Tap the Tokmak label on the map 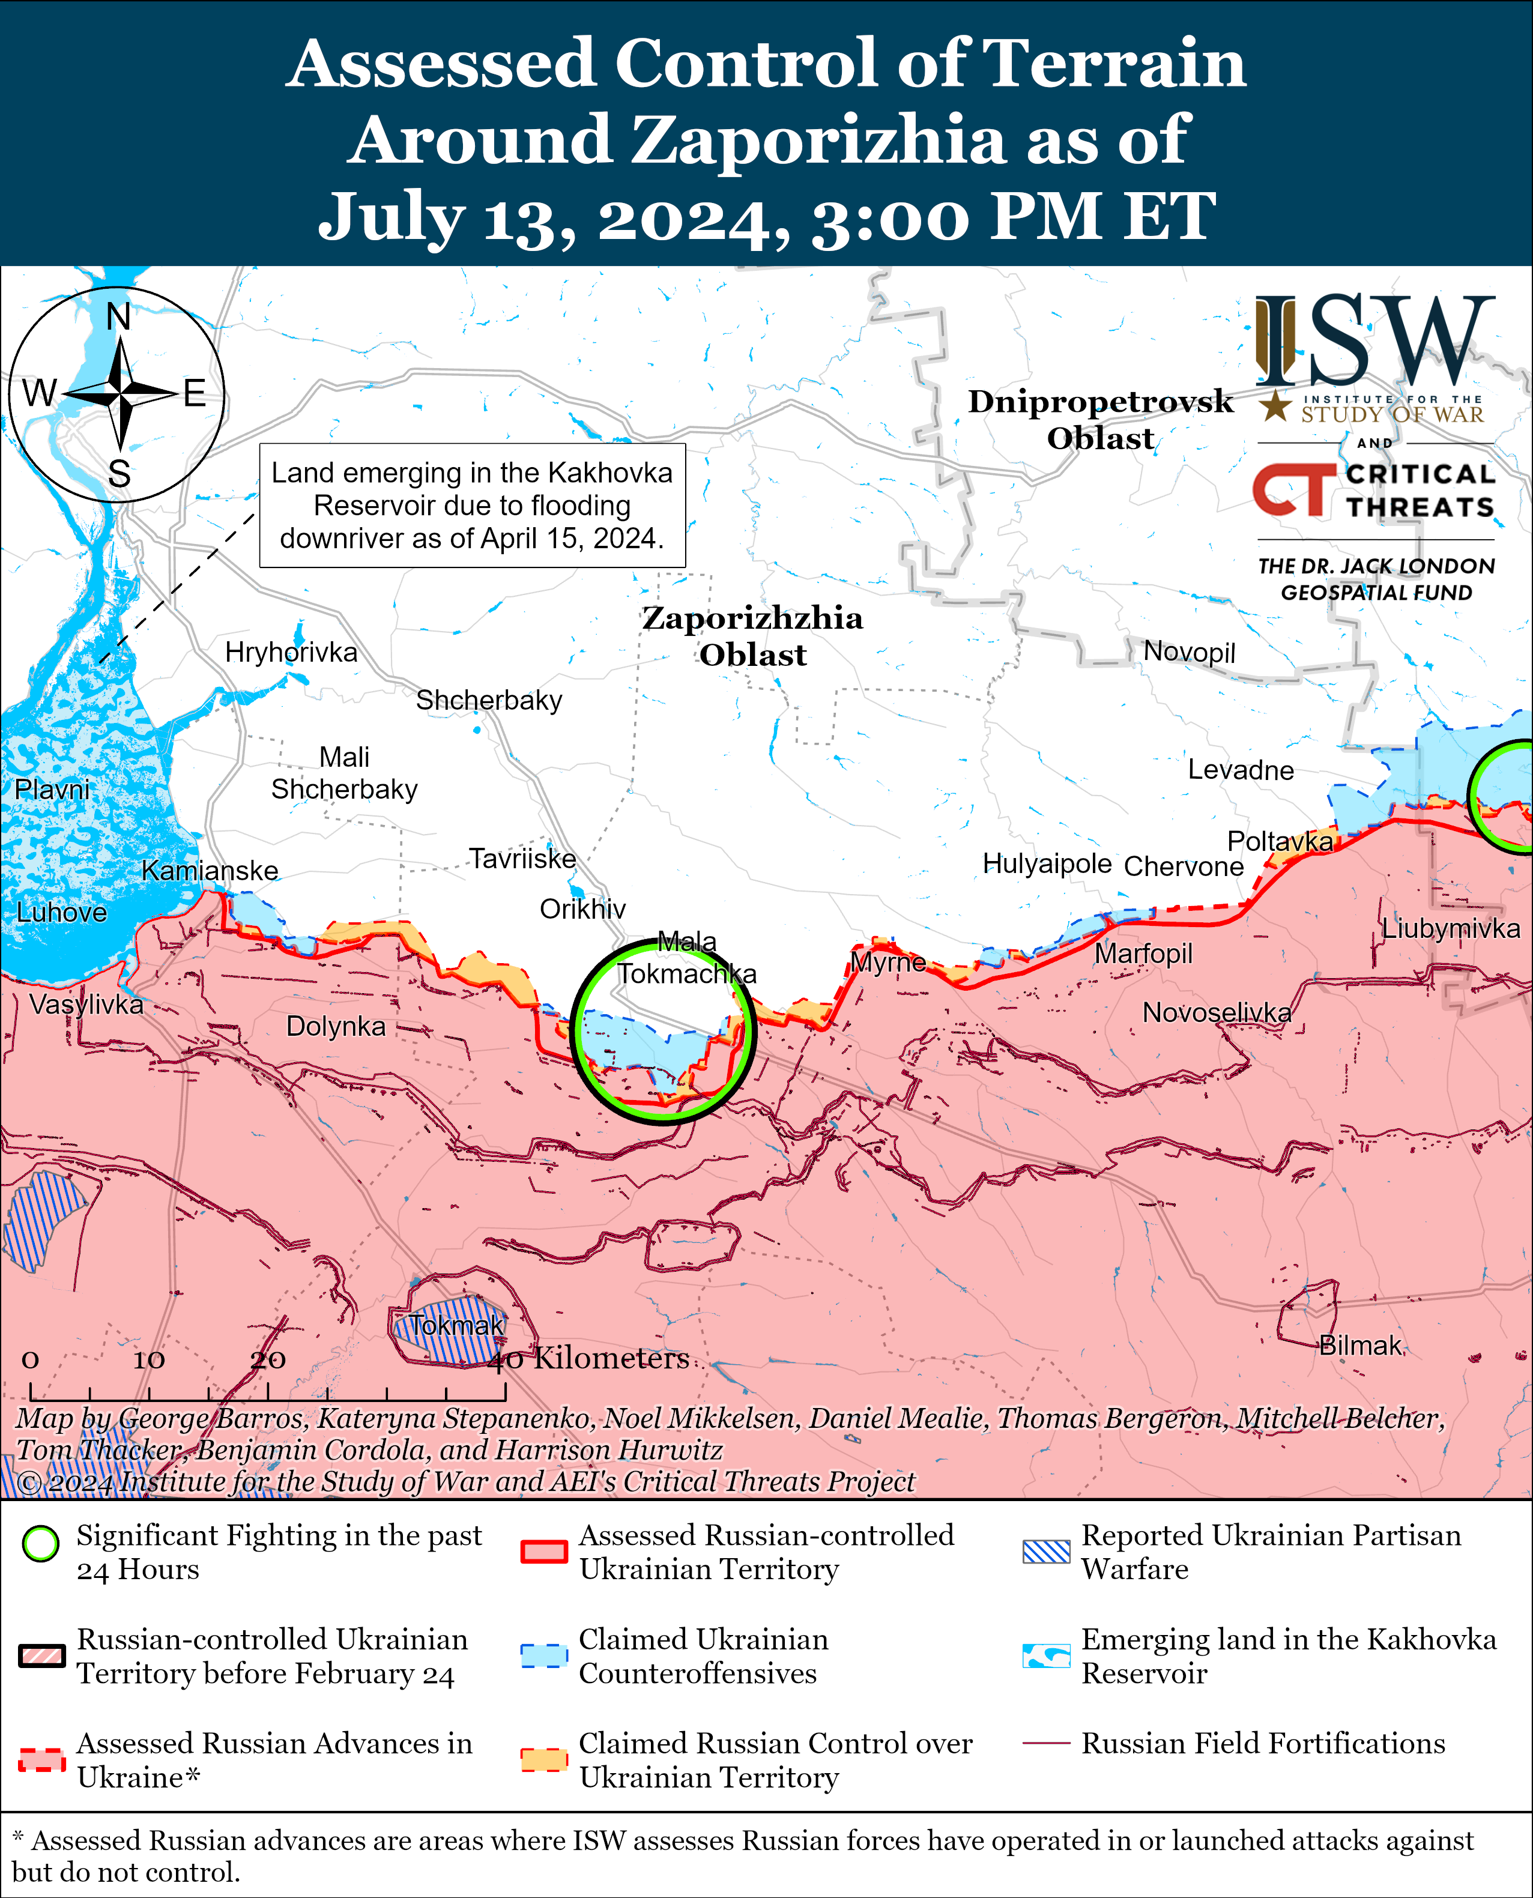click(x=456, y=1325)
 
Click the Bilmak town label click(x=1360, y=1346)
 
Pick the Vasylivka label click(x=86, y=1004)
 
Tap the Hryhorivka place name click(x=291, y=653)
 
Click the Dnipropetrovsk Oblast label click(x=1100, y=419)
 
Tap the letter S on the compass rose click(x=119, y=474)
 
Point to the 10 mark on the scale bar click(x=148, y=1359)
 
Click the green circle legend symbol click(x=41, y=1544)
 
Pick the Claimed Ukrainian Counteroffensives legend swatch click(x=543, y=1655)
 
